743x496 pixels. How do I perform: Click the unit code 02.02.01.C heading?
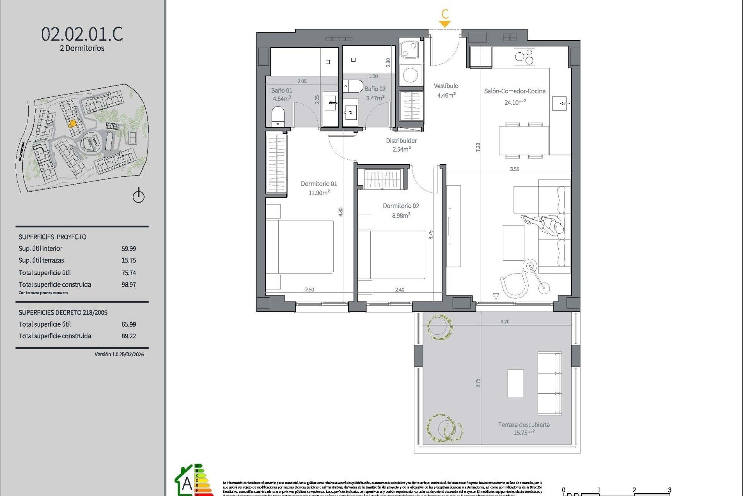(82, 34)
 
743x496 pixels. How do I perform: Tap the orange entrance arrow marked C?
(445, 24)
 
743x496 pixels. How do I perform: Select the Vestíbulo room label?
(446, 86)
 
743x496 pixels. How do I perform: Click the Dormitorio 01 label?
(318, 184)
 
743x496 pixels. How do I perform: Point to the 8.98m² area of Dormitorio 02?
(401, 215)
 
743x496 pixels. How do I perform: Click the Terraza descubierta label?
(524, 425)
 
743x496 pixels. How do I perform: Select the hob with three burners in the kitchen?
(524, 57)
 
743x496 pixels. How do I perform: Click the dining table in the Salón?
(524, 140)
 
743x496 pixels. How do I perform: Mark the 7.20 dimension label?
(478, 147)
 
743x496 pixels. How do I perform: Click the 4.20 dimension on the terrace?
(505, 322)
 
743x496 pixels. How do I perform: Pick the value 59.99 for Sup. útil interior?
(128, 249)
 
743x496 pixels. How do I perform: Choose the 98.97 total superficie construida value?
(128, 284)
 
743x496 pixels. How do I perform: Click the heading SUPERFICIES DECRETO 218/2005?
(63, 312)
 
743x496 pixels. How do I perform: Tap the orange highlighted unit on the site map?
(72, 124)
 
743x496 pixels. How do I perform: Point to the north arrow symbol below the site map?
(139, 196)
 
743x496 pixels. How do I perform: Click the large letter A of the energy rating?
(187, 484)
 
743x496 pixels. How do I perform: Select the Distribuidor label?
(401, 141)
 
